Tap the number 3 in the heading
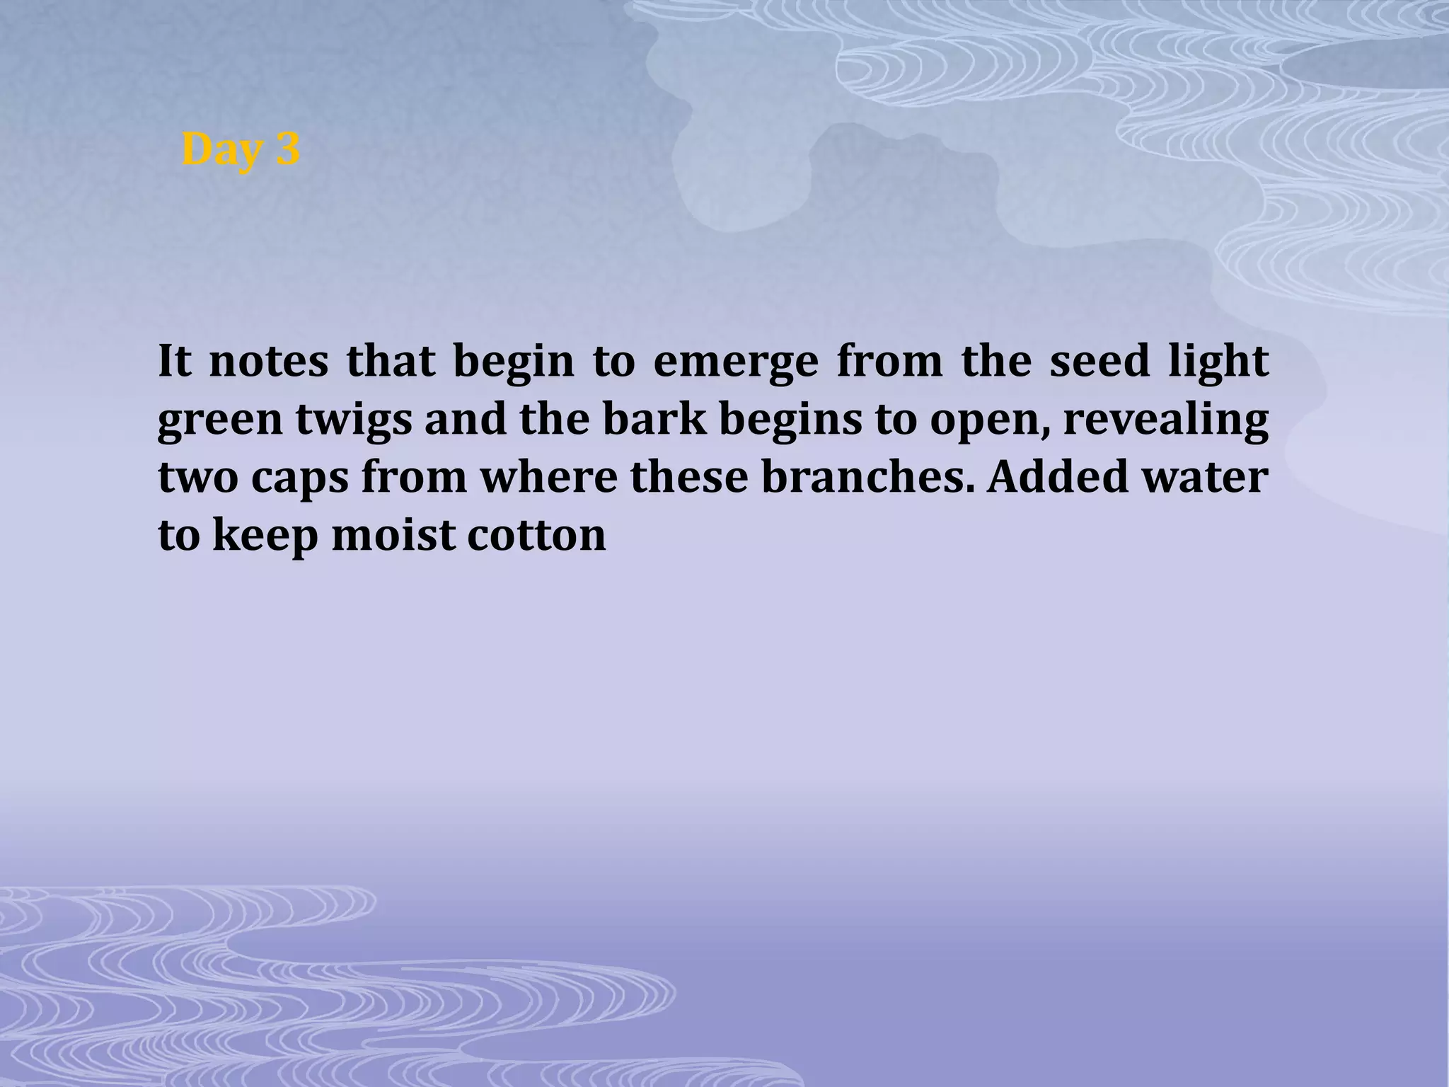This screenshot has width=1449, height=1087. (x=286, y=149)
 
